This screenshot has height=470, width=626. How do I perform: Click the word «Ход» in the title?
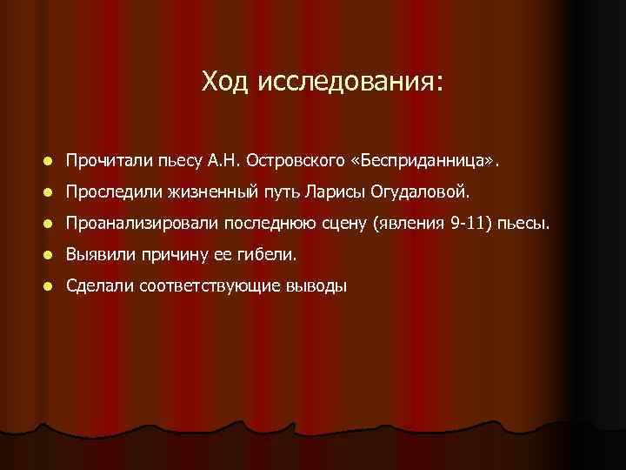click(225, 82)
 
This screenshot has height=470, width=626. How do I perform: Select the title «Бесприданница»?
click(439, 161)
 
